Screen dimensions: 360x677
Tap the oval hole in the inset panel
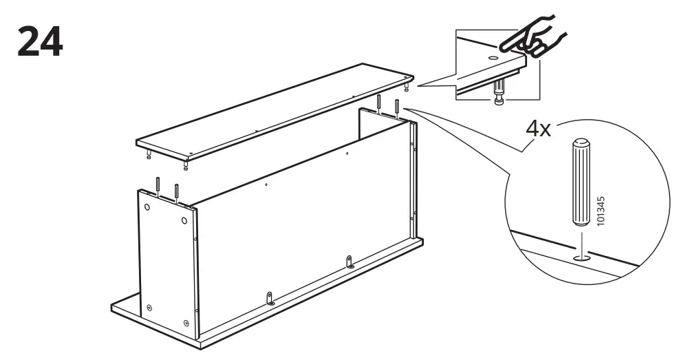click(x=493, y=57)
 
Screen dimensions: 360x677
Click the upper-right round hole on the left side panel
click(x=184, y=220)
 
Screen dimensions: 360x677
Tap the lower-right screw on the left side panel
click(x=186, y=323)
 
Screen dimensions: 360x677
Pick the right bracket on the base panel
click(x=351, y=262)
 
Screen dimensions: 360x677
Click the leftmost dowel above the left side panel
click(x=158, y=186)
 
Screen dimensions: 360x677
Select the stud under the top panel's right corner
click(x=407, y=87)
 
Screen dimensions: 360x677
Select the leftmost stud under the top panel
click(x=149, y=154)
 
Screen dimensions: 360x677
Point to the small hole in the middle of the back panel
click(x=266, y=184)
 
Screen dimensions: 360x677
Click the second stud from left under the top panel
click(x=184, y=165)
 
